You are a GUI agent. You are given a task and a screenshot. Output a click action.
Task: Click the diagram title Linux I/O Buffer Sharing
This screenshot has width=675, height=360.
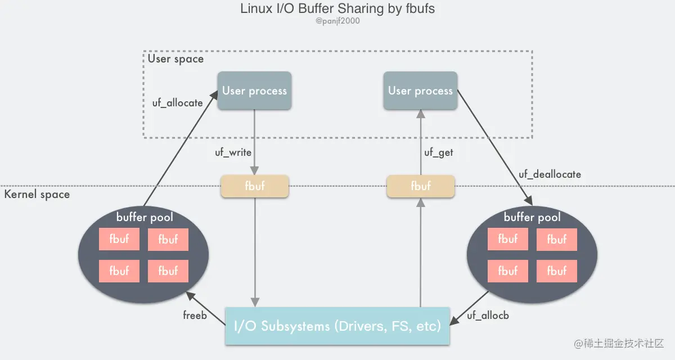(337, 9)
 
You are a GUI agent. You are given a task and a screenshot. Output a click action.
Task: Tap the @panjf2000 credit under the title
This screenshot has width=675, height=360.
(337, 21)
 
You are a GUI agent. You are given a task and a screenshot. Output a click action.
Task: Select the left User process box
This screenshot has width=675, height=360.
(254, 91)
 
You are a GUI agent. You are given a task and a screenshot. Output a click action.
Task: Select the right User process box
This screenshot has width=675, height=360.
(420, 91)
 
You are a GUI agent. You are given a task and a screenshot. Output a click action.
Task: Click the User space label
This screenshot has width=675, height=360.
(175, 58)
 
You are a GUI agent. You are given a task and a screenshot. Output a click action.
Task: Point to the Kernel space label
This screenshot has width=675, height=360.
(37, 195)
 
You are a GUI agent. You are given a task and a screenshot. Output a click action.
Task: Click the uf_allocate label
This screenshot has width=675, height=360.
(177, 103)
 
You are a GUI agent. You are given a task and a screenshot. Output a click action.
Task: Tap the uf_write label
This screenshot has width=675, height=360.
(233, 152)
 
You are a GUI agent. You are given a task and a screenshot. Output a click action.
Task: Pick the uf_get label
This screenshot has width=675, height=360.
(438, 152)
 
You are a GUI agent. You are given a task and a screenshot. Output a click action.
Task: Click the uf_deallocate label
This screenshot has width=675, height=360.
(550, 174)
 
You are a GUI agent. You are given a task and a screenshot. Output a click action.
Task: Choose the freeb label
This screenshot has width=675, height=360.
(195, 316)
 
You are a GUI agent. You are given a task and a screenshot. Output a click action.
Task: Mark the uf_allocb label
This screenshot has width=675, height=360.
(488, 316)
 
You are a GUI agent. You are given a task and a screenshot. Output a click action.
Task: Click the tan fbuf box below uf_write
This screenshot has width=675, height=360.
(254, 186)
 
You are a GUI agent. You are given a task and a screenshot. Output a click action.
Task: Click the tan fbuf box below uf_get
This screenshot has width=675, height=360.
(420, 186)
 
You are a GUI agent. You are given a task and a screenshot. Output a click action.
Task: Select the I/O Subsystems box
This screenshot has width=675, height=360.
(337, 326)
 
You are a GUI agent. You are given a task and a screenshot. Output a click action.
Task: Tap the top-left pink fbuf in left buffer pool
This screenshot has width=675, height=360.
(119, 240)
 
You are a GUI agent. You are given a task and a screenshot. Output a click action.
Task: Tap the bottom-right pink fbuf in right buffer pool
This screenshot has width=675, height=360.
(556, 271)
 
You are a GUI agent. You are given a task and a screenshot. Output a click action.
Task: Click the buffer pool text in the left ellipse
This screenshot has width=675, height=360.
(145, 218)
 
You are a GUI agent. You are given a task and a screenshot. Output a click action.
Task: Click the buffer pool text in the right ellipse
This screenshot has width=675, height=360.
(532, 218)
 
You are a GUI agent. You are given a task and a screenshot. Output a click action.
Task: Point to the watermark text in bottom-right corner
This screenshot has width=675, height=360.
(619, 343)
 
